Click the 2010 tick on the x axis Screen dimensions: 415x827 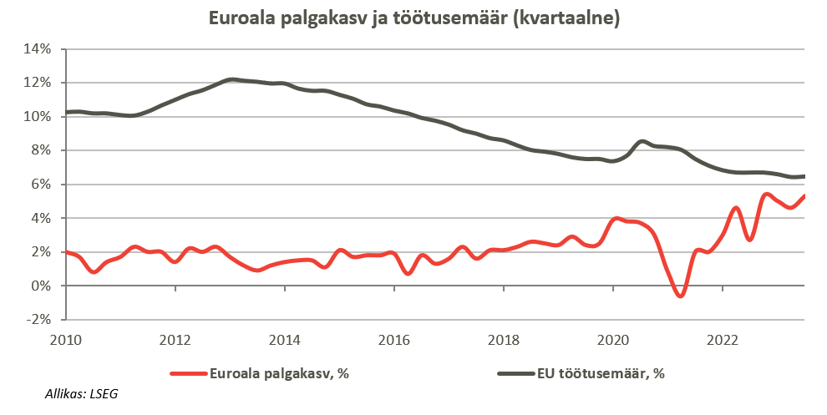pos(66,340)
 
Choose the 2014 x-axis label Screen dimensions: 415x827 pos(285,340)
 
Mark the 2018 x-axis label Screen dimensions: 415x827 pos(504,340)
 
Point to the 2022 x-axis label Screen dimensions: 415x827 pos(723,340)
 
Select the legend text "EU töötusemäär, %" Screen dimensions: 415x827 pos(600,373)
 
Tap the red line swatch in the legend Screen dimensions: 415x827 pos(189,373)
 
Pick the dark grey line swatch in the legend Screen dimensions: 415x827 pos(515,373)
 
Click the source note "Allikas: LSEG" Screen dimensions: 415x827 pos(81,393)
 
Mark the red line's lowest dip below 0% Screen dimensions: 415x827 pos(681,296)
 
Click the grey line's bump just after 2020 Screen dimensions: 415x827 pos(642,142)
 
